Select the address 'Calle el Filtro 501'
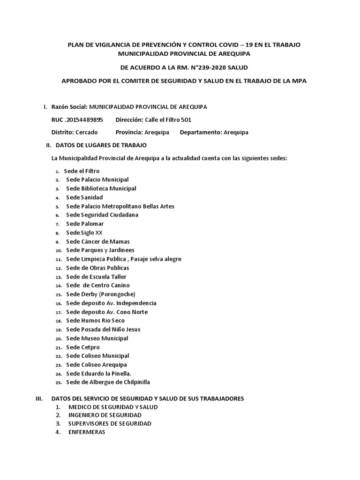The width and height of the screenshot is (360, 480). (168, 120)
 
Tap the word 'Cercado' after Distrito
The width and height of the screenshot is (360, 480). (87, 132)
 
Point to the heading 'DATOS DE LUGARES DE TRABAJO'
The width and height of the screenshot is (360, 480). (101, 145)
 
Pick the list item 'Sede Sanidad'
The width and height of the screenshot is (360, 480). (84, 197)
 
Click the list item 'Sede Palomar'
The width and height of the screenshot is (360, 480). (85, 224)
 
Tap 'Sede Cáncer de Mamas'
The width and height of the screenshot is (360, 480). (98, 241)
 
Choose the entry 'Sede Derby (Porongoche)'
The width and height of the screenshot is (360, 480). (100, 294)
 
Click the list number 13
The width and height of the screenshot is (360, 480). (58, 277)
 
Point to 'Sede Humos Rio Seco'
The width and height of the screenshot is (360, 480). (95, 321)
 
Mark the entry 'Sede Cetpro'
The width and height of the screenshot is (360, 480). (83, 347)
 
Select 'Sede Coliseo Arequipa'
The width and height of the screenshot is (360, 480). (97, 365)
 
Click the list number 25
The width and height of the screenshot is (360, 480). (58, 382)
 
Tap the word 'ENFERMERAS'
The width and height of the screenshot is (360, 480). (87, 432)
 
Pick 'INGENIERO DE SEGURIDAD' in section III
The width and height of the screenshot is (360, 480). (105, 415)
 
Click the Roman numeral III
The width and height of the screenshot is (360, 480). (39, 398)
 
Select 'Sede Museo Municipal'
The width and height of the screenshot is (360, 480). (97, 338)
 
